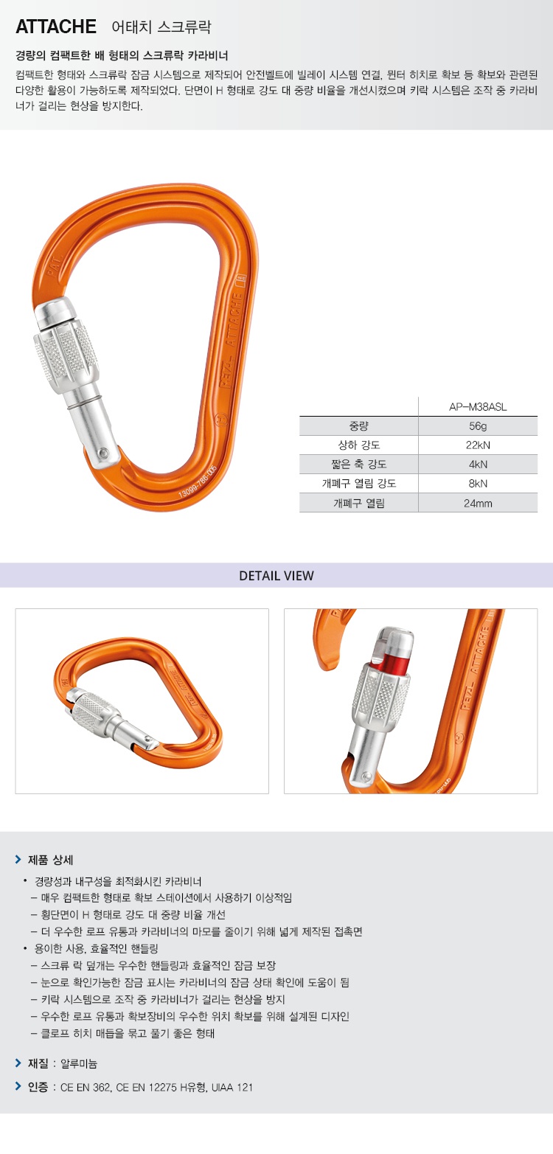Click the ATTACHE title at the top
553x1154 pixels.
pyautogui.click(x=56, y=27)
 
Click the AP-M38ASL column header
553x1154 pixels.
pyautogui.click(x=478, y=407)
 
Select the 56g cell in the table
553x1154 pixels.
pyautogui.click(x=478, y=426)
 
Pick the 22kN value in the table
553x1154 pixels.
pyautogui.click(x=478, y=445)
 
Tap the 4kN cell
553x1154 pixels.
pyautogui.click(x=478, y=464)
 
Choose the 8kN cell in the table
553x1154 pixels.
pyautogui.click(x=478, y=483)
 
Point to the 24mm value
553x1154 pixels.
pyautogui.click(x=478, y=504)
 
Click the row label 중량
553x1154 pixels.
pyautogui.click(x=358, y=426)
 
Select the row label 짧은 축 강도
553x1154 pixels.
pyautogui.click(x=358, y=464)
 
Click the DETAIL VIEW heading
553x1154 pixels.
pyautogui.click(x=276, y=575)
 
